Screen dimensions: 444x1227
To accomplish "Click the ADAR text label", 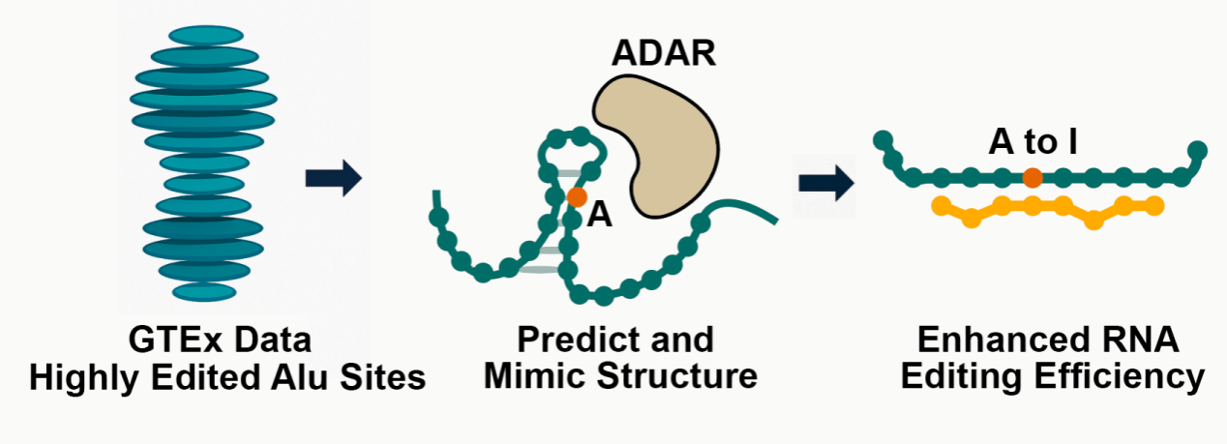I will pos(664,54).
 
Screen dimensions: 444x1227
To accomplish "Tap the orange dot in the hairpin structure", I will pos(577,196).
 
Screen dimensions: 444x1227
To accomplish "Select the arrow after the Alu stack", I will pos(333,178).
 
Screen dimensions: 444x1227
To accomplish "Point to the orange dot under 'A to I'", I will pos(1032,177).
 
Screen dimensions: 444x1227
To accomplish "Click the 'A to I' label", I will pos(1032,143).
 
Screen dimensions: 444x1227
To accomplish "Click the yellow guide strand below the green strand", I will pos(1045,207).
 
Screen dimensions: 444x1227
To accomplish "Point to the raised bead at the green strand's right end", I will pos(1197,150).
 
